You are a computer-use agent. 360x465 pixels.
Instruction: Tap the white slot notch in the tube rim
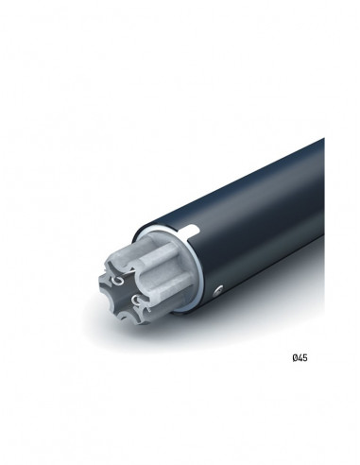[194, 230]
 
